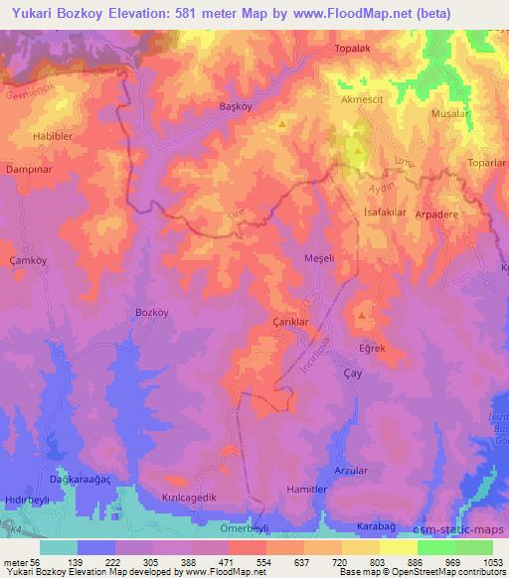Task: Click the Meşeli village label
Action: click(x=319, y=258)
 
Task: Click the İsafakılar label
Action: click(x=388, y=213)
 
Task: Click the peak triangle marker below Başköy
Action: click(x=282, y=125)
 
